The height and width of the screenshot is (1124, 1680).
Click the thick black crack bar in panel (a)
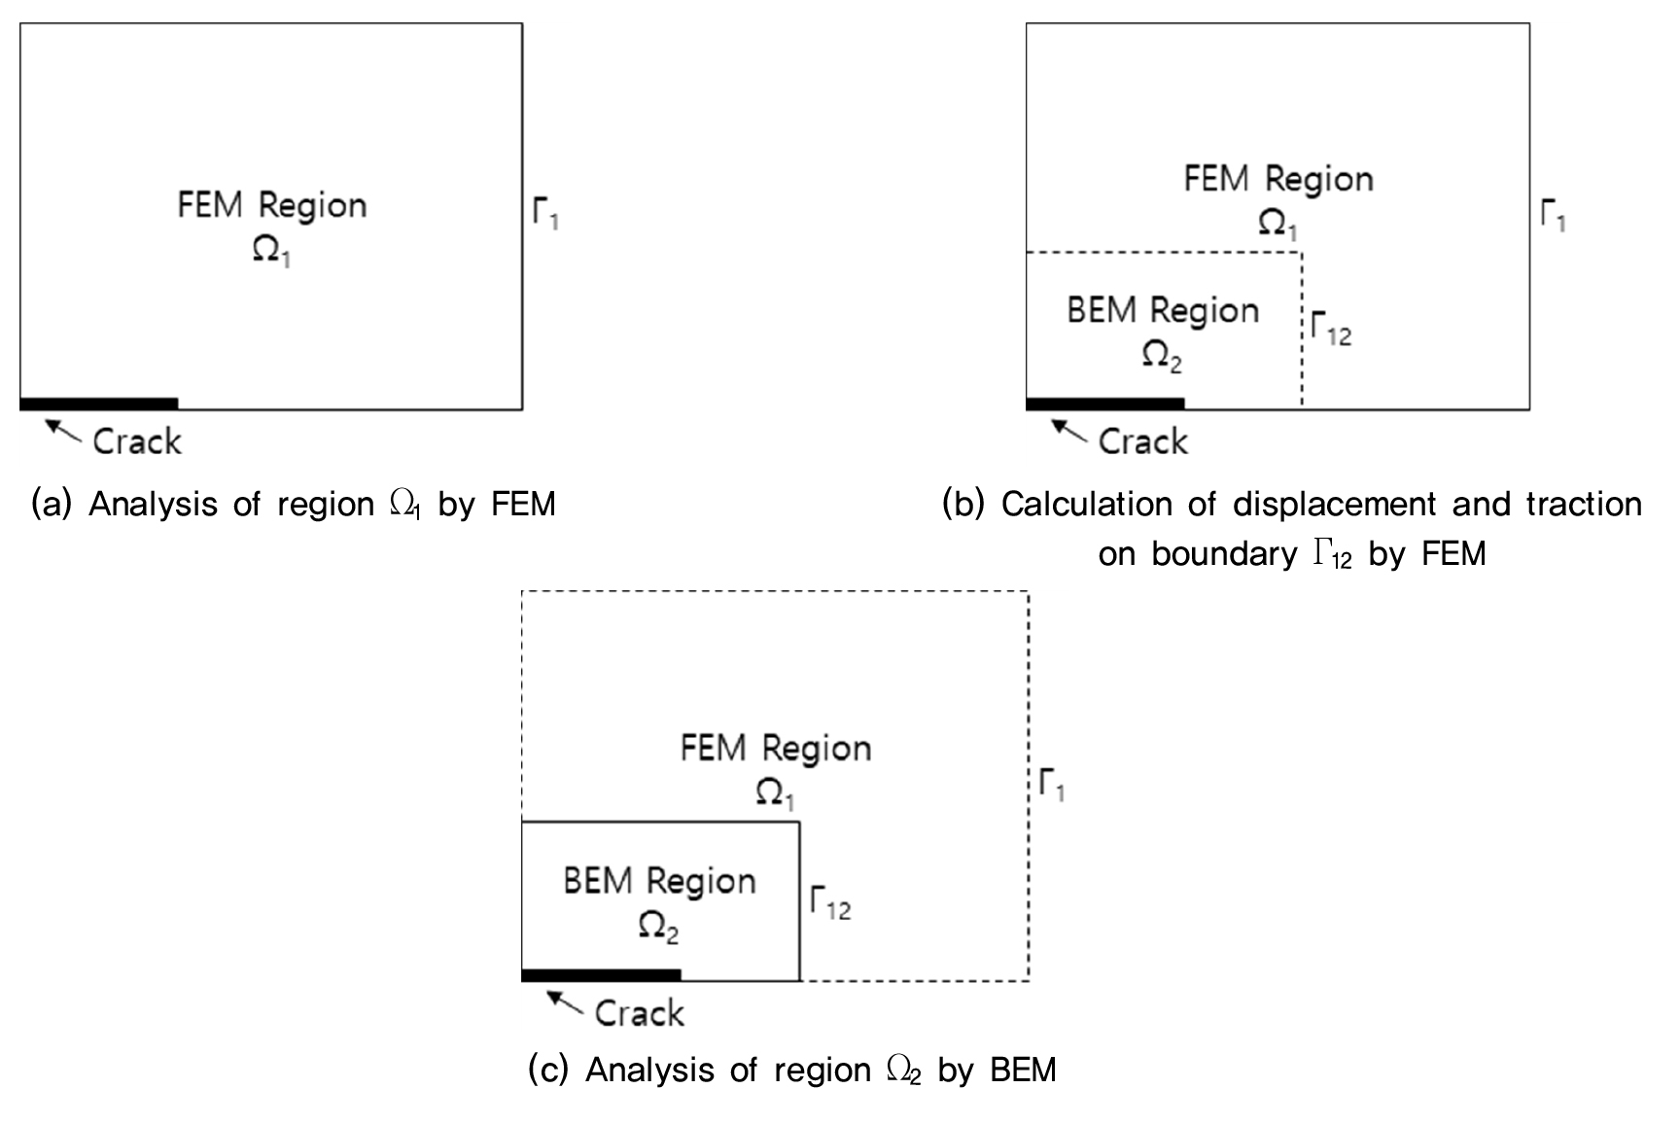[x=98, y=404]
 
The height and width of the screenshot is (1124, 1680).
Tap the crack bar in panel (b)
[x=1105, y=404]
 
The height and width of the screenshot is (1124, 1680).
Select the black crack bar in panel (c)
[x=601, y=975]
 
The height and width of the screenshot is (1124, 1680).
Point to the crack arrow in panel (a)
[x=64, y=429]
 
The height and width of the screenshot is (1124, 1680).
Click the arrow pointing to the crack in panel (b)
[x=1070, y=429]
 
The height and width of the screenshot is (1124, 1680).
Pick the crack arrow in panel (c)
[x=566, y=1001]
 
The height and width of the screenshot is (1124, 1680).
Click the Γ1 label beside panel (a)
[x=545, y=212]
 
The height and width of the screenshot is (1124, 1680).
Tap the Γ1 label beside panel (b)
[x=1553, y=214]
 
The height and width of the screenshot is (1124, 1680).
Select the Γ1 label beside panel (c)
[x=1051, y=784]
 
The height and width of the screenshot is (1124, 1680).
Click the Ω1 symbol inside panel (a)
[x=271, y=251]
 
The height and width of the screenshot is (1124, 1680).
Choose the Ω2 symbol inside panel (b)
[x=1162, y=356]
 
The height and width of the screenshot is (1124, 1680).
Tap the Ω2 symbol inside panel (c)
[x=658, y=926]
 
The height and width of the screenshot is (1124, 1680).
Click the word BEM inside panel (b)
[x=1102, y=310]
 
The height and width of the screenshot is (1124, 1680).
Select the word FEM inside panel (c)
[x=715, y=748]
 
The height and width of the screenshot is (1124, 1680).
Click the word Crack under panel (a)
[x=137, y=441]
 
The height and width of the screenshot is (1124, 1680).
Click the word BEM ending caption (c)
[x=1023, y=1070]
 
